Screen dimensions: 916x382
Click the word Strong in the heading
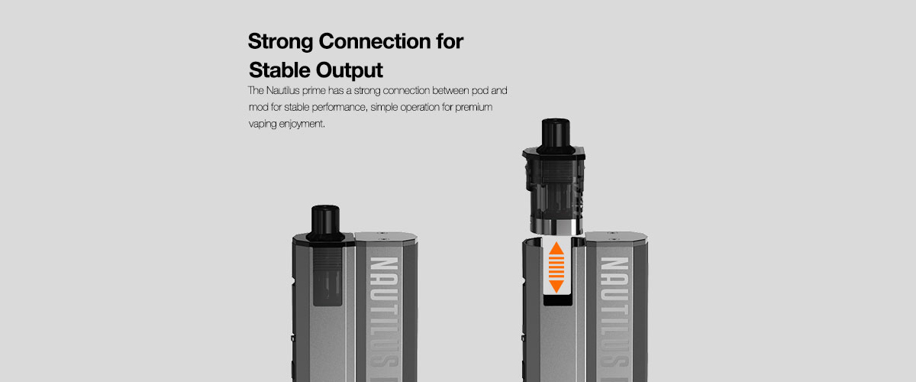[x=281, y=42]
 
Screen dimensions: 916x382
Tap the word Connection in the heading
[x=375, y=41]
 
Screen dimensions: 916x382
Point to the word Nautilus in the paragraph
[x=282, y=90]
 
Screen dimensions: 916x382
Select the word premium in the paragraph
[x=473, y=108]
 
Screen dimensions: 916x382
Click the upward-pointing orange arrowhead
[x=556, y=248]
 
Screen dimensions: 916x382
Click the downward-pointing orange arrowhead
[x=556, y=286]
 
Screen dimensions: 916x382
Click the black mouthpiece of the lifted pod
[x=556, y=136]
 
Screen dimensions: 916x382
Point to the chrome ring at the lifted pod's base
[x=556, y=227]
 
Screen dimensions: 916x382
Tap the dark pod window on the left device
[x=327, y=276]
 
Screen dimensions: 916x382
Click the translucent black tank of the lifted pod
[x=556, y=188]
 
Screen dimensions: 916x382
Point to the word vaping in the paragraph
[x=263, y=124]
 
